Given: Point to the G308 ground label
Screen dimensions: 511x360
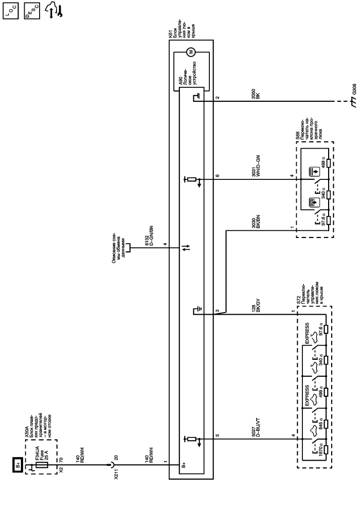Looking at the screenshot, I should [x=353, y=88].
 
